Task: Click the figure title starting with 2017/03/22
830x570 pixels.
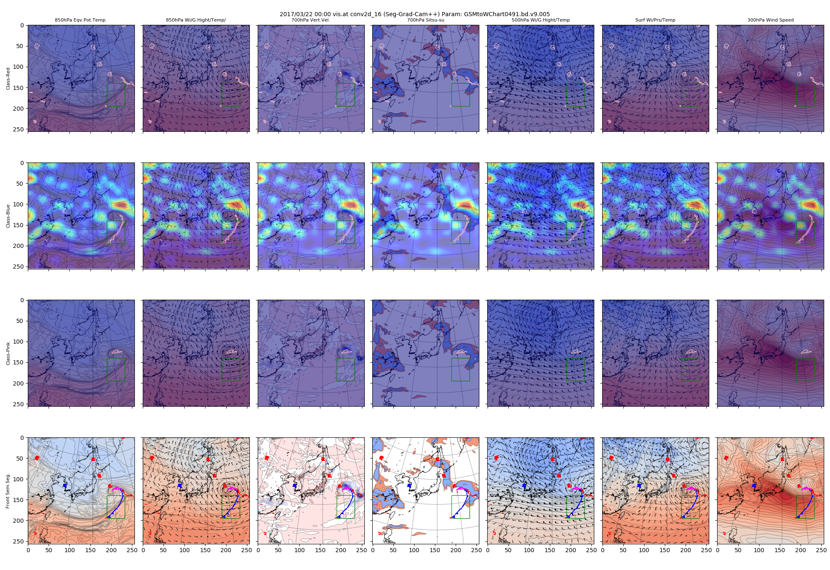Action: (x=415, y=14)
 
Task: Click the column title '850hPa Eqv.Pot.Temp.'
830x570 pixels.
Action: (x=81, y=20)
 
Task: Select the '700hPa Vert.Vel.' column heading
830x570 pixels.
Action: (x=311, y=20)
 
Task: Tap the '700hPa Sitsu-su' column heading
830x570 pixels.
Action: (x=425, y=20)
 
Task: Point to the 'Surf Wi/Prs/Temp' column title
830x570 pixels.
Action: (x=655, y=20)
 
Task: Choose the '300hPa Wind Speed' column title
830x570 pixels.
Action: (x=770, y=20)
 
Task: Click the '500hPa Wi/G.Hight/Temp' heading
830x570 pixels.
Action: (x=540, y=20)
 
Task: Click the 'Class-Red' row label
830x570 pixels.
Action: (x=8, y=79)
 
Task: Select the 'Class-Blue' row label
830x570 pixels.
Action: (x=8, y=216)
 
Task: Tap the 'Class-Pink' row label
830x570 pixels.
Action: (x=8, y=354)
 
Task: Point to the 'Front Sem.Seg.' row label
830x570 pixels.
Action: (x=8, y=491)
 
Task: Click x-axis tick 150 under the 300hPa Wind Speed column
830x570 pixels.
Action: (x=780, y=550)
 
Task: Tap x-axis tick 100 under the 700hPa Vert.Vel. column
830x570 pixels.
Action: (x=299, y=550)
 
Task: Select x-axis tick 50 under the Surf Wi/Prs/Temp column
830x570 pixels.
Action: (x=623, y=550)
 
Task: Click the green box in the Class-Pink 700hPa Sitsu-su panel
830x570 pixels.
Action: (x=461, y=369)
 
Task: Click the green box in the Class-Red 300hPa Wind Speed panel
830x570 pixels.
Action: (x=805, y=95)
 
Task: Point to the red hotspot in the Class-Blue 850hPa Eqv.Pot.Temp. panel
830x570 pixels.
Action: (x=122, y=204)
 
